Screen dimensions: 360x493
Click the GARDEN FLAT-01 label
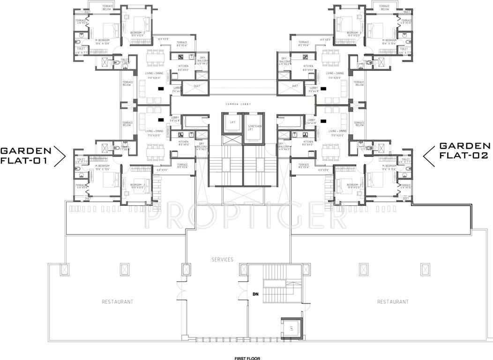click(26, 155)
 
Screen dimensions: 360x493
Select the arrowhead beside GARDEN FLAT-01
click(60, 156)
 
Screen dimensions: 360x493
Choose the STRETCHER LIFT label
click(254, 128)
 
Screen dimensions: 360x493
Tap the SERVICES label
click(222, 259)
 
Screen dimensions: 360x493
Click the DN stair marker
click(255, 295)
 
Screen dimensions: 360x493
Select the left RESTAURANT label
click(117, 302)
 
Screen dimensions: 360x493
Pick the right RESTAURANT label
click(392, 302)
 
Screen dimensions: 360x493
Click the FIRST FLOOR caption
click(246, 358)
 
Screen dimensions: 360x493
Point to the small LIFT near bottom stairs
click(291, 329)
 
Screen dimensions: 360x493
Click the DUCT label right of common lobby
click(295, 86)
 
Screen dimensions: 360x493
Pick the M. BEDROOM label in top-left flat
click(102, 41)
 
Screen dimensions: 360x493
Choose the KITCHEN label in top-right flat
click(308, 66)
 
